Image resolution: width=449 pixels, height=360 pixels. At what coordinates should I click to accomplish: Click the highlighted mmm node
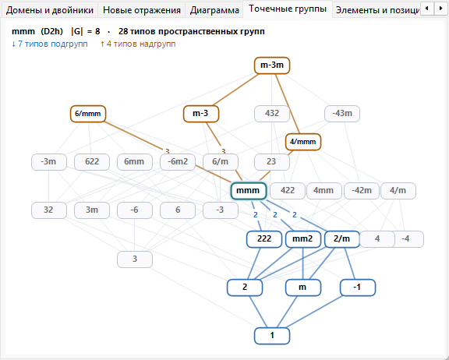point(249,191)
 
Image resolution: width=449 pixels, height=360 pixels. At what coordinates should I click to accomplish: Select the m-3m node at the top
point(272,65)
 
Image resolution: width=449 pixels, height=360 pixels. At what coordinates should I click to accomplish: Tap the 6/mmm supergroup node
point(88,114)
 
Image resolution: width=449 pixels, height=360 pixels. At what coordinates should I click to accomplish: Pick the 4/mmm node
point(303,142)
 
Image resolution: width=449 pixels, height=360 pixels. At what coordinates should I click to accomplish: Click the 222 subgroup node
point(264,239)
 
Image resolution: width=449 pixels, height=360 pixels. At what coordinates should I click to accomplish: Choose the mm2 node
point(303,239)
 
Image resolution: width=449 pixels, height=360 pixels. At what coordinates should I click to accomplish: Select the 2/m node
point(342,239)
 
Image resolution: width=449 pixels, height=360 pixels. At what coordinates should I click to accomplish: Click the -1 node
point(358,288)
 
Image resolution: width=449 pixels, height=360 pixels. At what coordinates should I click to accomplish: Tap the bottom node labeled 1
point(272,336)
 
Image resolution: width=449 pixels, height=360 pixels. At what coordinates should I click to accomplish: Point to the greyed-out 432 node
point(272,114)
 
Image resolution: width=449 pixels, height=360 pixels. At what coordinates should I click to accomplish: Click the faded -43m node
point(342,114)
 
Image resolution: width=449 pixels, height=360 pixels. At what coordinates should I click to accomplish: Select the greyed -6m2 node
point(178,162)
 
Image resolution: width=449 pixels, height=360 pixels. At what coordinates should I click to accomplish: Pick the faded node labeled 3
point(135,259)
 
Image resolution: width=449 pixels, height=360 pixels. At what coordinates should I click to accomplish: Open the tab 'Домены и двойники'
point(50,10)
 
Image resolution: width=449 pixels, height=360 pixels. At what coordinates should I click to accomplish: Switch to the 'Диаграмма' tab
point(214,10)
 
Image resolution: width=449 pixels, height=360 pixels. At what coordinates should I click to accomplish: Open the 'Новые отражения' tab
point(141,10)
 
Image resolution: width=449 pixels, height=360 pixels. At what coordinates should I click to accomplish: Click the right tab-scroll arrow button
point(441,9)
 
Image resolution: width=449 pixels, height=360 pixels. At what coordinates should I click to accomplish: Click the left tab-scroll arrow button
point(427,9)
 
